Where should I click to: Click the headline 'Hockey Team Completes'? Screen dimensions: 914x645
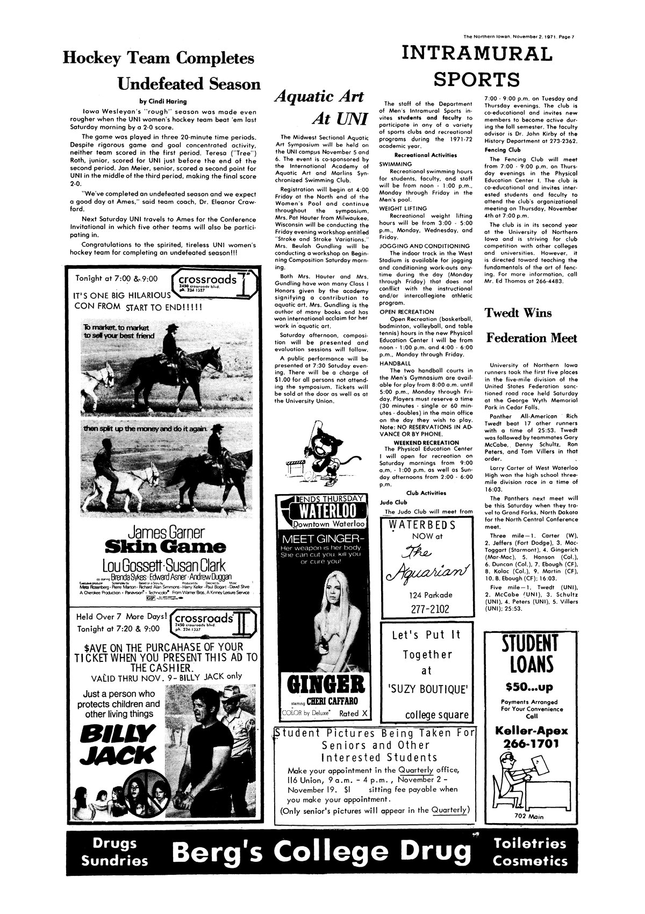(x=158, y=58)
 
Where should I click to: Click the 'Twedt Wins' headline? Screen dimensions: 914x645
(x=518, y=312)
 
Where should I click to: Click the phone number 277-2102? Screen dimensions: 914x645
(x=428, y=609)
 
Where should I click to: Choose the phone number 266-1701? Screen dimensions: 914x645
(x=530, y=744)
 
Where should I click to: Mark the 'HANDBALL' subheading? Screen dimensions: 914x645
(x=395, y=363)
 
